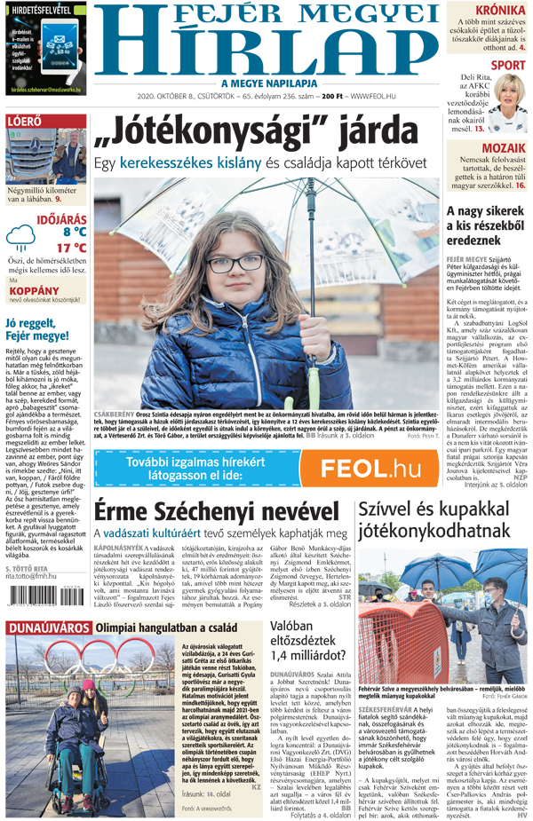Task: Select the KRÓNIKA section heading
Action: click(493, 10)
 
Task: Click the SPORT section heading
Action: click(507, 65)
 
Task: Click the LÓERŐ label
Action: click(23, 122)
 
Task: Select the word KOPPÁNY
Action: click(35, 289)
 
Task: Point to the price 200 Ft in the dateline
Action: click(332, 95)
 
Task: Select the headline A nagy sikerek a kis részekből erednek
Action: click(485, 225)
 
